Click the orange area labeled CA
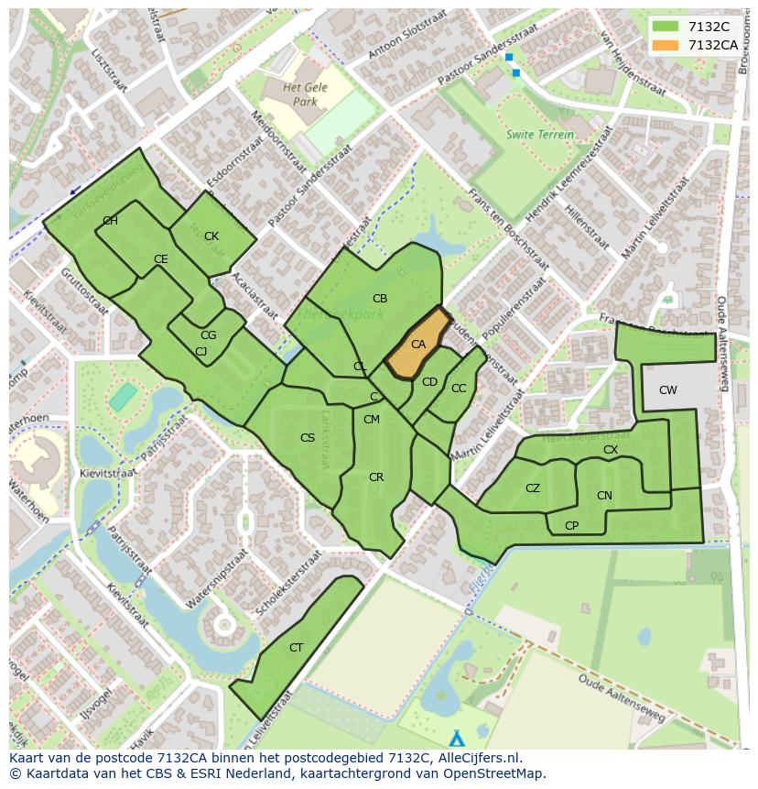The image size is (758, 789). pyautogui.click(x=417, y=345)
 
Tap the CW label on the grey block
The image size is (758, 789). pyautogui.click(x=668, y=390)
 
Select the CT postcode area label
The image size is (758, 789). pyautogui.click(x=296, y=648)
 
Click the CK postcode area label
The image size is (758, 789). pyautogui.click(x=211, y=236)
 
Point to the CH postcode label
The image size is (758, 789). pyautogui.click(x=110, y=221)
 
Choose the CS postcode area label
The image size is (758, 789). pyautogui.click(x=308, y=438)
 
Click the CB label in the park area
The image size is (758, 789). pyautogui.click(x=380, y=299)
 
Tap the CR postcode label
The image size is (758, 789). pyautogui.click(x=376, y=477)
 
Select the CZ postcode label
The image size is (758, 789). pyautogui.click(x=533, y=488)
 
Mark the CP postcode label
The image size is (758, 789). pyautogui.click(x=572, y=526)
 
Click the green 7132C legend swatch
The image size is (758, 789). pyautogui.click(x=666, y=27)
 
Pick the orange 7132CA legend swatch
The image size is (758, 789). pyautogui.click(x=666, y=45)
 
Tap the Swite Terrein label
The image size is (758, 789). pyautogui.click(x=540, y=135)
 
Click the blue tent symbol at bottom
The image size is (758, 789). pyautogui.click(x=457, y=738)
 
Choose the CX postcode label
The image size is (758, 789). pyautogui.click(x=611, y=450)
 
